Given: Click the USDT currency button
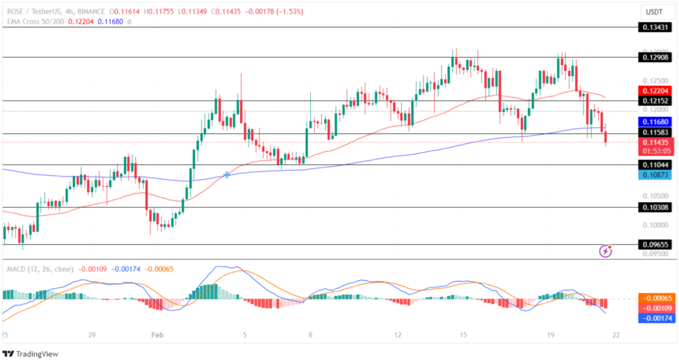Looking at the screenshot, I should [654, 11].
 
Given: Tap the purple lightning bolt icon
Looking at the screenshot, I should [605, 251].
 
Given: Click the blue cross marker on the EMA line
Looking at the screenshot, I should [227, 174].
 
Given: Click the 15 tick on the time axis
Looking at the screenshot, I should [463, 336].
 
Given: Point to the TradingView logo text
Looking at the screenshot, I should [35, 354].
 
